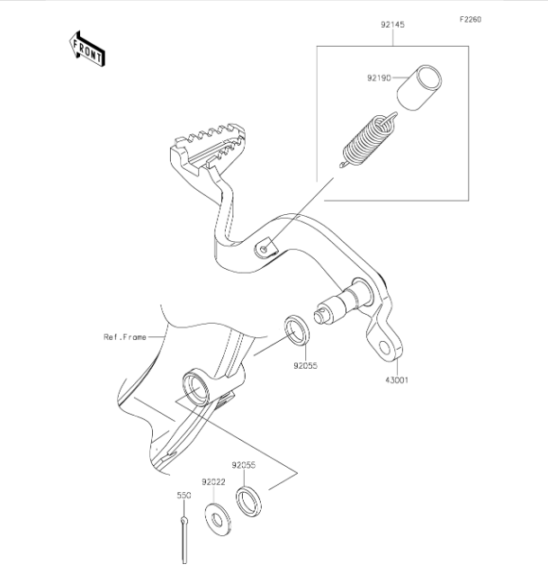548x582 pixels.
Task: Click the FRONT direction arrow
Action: pyautogui.click(x=87, y=49)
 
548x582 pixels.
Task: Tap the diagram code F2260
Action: pyautogui.click(x=470, y=19)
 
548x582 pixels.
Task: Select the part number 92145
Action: pyautogui.click(x=392, y=25)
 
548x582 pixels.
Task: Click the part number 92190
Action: pyautogui.click(x=379, y=78)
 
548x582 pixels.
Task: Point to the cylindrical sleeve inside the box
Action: pyautogui.click(x=419, y=87)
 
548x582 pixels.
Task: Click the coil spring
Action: pyautogui.click(x=368, y=140)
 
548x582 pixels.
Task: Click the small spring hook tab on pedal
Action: pyautogui.click(x=266, y=247)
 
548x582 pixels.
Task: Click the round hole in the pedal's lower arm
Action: pyautogui.click(x=384, y=348)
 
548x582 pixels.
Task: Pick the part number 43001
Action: pyautogui.click(x=397, y=381)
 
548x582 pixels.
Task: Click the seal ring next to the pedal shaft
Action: pyautogui.click(x=297, y=329)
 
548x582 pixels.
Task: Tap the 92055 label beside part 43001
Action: pyautogui.click(x=306, y=365)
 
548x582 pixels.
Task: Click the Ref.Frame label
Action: pyautogui.click(x=125, y=337)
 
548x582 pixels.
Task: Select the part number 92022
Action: pyautogui.click(x=213, y=482)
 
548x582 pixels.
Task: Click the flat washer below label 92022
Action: pyautogui.click(x=218, y=519)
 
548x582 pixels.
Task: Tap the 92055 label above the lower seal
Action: pyautogui.click(x=244, y=465)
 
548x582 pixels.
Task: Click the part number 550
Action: pyautogui.click(x=184, y=496)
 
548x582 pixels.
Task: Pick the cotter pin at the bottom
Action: pyautogui.click(x=184, y=540)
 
